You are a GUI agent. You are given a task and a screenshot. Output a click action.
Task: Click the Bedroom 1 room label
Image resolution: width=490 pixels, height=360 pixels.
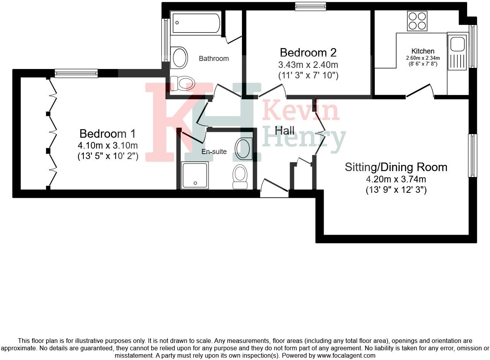107,134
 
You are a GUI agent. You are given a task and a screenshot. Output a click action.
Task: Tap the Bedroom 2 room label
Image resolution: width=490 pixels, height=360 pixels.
308,52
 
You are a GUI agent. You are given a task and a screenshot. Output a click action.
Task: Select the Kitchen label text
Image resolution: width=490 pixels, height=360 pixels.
423,51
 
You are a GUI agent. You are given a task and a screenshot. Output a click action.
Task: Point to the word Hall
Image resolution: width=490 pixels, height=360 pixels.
285,130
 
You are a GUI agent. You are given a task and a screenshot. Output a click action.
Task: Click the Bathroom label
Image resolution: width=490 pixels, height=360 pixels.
214,59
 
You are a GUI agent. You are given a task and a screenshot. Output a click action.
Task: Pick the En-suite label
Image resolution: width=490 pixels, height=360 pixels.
214,152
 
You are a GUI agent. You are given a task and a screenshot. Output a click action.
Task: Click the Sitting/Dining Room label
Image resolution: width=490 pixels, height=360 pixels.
396,167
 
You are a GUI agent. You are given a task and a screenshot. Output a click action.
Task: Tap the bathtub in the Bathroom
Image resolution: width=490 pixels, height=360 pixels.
196,23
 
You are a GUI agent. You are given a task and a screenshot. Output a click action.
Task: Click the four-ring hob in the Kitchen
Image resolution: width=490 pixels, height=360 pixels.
417,21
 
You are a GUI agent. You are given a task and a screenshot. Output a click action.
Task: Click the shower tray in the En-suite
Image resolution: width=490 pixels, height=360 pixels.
195,176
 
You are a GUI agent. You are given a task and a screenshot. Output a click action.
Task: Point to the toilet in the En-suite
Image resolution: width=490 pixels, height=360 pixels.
240,177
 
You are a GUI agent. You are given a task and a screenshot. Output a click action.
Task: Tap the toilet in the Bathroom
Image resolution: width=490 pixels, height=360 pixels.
183,83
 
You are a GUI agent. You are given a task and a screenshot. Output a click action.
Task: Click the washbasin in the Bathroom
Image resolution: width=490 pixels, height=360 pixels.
179,58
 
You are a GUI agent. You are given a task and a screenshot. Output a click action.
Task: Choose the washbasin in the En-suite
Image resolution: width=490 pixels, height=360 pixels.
244,149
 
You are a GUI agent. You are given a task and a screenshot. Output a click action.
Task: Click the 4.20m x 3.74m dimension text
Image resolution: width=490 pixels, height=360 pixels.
396,179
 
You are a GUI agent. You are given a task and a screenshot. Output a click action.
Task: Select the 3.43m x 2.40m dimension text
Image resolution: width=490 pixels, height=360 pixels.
308,64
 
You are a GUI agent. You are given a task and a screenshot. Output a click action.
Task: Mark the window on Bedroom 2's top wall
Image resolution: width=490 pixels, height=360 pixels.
310,6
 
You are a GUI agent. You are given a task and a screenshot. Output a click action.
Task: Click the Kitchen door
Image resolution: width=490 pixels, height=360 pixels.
420,91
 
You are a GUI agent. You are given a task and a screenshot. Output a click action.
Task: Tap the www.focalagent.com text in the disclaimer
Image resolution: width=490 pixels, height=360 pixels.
346,355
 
